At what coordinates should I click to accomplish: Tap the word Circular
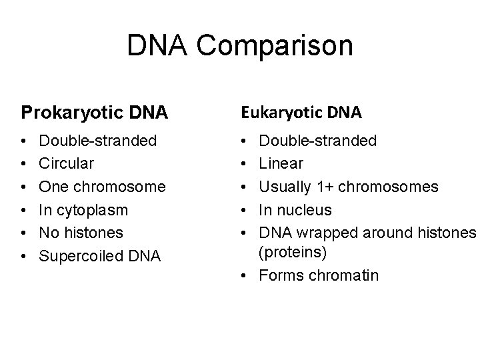67,163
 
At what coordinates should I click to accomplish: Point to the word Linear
281,163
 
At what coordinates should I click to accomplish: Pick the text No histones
82,233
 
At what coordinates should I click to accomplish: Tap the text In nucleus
295,210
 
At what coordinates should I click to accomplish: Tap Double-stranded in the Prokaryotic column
99,141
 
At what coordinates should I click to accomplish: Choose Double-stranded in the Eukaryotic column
317,141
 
